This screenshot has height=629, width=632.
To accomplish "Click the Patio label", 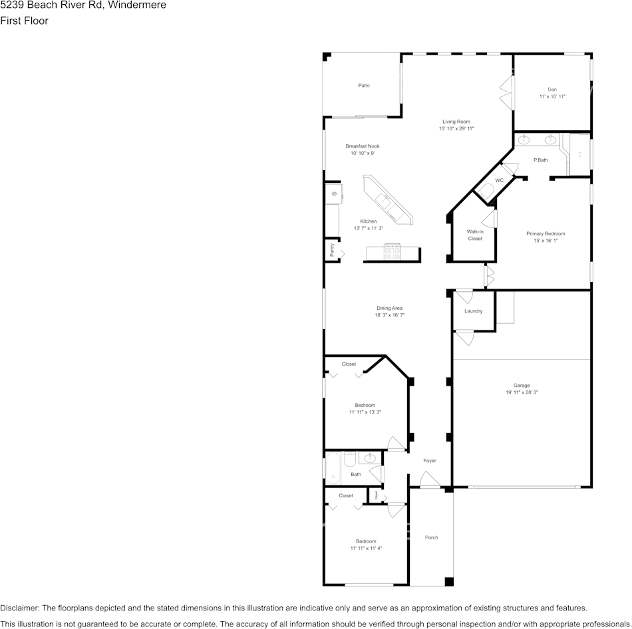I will (364, 86).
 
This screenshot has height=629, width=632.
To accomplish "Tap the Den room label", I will (552, 89).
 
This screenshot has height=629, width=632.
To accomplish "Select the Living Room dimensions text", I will (456, 129).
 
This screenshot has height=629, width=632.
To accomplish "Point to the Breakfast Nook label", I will (363, 146).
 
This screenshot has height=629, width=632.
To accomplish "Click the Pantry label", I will (332, 249).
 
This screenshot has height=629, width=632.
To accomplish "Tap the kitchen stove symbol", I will (392, 251).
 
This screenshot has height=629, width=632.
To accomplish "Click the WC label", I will (499, 181).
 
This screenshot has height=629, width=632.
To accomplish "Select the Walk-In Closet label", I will (475, 235).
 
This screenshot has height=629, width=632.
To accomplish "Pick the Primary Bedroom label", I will (546, 234).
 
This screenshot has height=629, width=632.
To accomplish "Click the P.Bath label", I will (541, 160).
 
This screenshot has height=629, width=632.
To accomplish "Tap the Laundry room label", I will (474, 311).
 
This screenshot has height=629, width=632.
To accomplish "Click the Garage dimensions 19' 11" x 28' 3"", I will (522, 393).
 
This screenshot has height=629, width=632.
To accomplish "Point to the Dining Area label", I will (390, 309).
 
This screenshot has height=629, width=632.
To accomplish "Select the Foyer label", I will (430, 461).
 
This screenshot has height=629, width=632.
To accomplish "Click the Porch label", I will (432, 537).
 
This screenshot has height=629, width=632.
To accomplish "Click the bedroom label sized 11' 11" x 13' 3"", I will (365, 406).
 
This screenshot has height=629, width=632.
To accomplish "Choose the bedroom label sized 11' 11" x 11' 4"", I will (366, 541).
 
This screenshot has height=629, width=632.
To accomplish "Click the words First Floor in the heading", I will (24, 21).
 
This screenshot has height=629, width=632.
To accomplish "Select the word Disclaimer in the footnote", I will (19, 608).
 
